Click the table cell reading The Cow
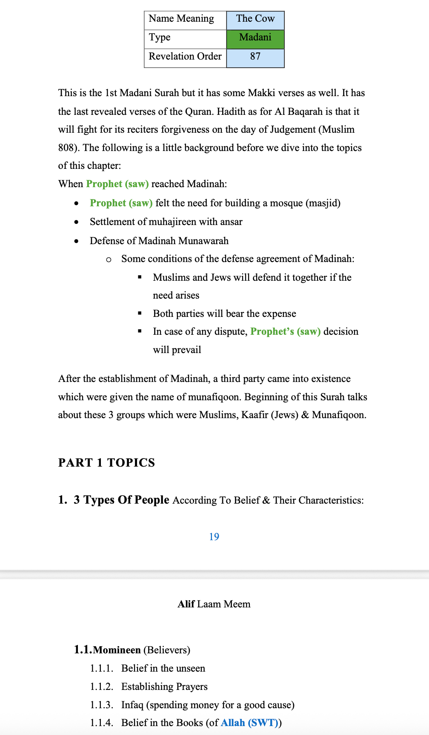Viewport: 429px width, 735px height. pos(255,19)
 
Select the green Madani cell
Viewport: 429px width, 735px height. pos(255,37)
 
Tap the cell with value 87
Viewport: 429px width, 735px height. pos(255,57)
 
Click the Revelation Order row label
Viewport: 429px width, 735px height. pos(185,57)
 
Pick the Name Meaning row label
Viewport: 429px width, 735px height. pos(181,19)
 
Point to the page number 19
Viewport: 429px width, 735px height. pos(214,537)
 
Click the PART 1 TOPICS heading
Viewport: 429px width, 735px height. pos(106,463)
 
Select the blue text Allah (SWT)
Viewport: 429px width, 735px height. pos(249,723)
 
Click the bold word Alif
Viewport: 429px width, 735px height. pos(186,604)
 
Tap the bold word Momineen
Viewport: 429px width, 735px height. pos(117,650)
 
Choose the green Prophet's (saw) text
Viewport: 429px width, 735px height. pos(285,332)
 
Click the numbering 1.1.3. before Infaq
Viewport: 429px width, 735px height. pos(101,705)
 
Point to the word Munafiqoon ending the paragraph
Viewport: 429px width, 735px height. pos(339,415)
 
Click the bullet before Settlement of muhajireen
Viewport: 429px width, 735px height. pos(76,222)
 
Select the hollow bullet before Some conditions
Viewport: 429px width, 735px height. pos(109,259)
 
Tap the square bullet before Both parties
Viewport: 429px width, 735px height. pos(140,313)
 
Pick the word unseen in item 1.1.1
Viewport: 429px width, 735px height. pos(190,668)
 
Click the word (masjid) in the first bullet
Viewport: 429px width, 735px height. pos(323,203)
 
